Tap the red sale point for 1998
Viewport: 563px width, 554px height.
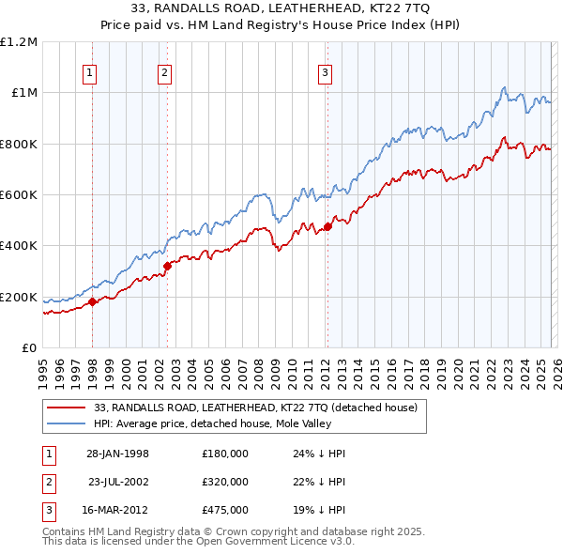coord(93,301)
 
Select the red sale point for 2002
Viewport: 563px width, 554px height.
coord(167,266)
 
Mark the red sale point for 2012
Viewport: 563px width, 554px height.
coord(327,226)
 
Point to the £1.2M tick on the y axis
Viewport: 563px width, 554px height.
coord(19,42)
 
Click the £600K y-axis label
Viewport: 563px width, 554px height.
coord(19,195)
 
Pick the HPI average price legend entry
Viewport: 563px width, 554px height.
coord(232,423)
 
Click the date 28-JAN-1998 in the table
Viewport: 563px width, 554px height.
coord(117,454)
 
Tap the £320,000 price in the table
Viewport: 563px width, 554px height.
coord(224,482)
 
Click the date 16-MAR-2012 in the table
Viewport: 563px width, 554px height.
coord(117,510)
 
